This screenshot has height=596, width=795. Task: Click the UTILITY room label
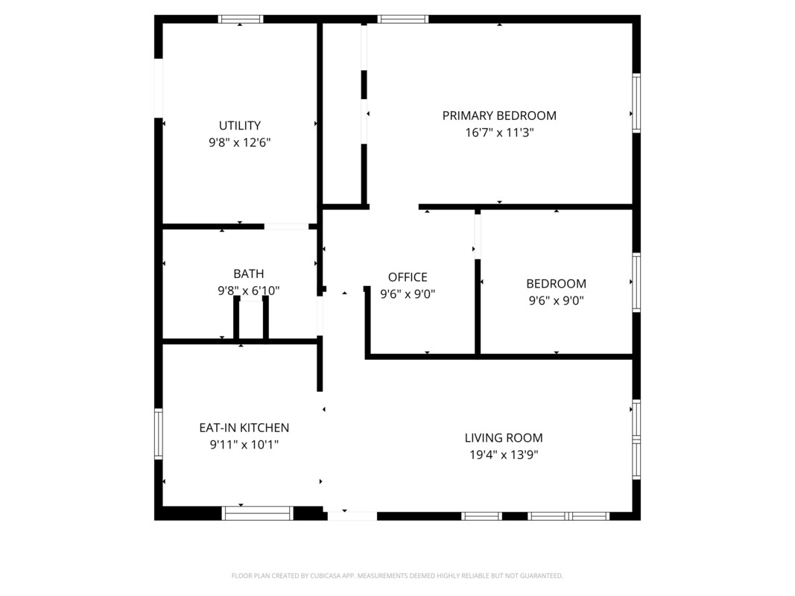(240, 125)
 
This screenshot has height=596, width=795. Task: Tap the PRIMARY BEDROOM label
(499, 115)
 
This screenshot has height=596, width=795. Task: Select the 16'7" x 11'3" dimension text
(499, 133)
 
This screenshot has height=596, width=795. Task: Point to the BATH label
(248, 273)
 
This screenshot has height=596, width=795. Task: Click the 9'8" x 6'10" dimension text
(248, 291)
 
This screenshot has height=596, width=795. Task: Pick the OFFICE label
(408, 277)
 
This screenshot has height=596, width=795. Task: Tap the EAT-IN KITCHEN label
(244, 428)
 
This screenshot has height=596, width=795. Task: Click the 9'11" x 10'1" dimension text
(244, 445)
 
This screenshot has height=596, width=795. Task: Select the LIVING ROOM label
(504, 438)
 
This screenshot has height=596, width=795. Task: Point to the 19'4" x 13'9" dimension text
(504, 454)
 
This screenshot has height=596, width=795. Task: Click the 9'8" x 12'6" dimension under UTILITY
(240, 142)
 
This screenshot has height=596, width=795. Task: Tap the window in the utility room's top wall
(241, 19)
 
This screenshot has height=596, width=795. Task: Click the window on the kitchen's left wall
(159, 434)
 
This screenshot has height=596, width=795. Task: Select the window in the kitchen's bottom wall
(258, 513)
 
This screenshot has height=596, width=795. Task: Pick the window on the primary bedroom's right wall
(636, 104)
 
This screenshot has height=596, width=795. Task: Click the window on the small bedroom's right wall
(636, 282)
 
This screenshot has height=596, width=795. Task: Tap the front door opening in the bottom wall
(352, 516)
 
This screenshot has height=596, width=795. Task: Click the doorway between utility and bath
(286, 226)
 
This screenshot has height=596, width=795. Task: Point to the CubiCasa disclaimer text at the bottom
(397, 576)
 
